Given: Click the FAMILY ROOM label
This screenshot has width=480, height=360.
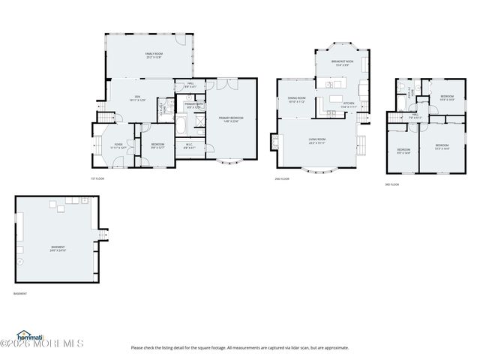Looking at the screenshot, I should pos(154,55).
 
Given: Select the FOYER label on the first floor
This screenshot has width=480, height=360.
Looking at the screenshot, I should pos(118,144).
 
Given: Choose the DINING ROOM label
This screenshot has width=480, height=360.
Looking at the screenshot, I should pos(297,100).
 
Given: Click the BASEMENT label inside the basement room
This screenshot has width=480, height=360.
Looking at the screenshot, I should pos(58,248).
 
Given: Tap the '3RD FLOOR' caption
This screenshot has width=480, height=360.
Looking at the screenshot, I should pos(392,184).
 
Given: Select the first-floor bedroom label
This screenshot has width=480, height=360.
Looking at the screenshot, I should pos(157,145).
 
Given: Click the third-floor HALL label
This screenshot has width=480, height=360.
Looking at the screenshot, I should pos(415,116).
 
